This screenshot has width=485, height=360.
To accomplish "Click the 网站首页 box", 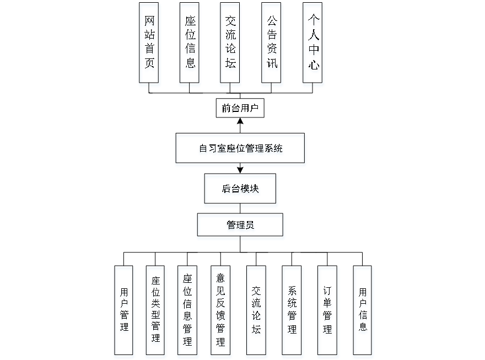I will coord(149,45).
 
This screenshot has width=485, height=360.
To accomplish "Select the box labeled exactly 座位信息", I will coord(190,45).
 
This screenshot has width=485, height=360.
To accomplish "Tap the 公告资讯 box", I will coord(272,45).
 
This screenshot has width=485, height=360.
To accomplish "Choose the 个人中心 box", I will coord(313,45).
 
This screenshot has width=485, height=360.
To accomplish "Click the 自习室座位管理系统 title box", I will coord(241,149).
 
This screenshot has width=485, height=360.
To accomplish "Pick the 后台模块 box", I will coord(241,191).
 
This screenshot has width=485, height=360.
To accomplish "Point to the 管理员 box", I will coord(241,227).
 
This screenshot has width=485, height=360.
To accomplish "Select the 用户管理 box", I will coord(125,311).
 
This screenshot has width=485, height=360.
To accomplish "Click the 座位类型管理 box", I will coord(156,311).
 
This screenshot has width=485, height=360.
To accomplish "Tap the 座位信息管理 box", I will coord(188,311).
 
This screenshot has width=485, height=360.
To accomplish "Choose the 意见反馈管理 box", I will coord(220,311).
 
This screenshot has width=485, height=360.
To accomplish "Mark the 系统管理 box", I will coord(292,311).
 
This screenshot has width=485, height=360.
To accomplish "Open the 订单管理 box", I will coord(328,311).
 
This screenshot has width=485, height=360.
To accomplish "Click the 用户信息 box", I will coord(363,311).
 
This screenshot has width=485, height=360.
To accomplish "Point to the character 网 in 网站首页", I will coord(149,22).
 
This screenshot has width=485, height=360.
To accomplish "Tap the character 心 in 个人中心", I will coord(313,66).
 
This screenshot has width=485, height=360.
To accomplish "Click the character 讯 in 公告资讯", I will coord(272,65).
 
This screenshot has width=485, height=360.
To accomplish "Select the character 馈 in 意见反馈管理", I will coord(220,316).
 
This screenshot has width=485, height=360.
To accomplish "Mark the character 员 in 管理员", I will coord(250,227).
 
